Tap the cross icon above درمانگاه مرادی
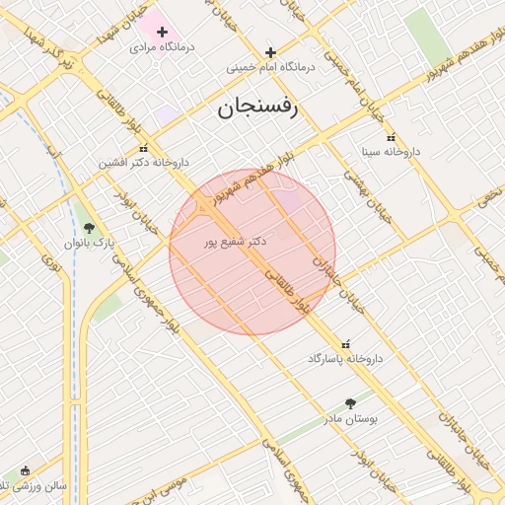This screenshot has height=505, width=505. pyautogui.click(x=162, y=32)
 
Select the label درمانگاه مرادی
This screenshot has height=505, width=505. pyautogui.click(x=162, y=46)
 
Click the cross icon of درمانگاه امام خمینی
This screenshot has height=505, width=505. pyautogui.click(x=270, y=52)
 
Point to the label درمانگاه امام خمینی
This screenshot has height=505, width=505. pyautogui.click(x=270, y=68)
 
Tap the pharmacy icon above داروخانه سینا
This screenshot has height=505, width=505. pyautogui.click(x=391, y=137)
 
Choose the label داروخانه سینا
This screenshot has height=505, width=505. pyautogui.click(x=391, y=152)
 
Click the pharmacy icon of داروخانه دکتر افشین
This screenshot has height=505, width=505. pyautogui.click(x=144, y=148)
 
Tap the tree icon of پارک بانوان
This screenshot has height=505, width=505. pyautogui.click(x=90, y=228)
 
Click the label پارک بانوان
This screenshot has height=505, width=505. pyautogui.click(x=90, y=243)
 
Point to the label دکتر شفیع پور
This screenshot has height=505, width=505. pyautogui.click(x=230, y=241)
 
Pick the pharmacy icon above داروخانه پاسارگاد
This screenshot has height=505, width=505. pyautogui.click(x=344, y=344)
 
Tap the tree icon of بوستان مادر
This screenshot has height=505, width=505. pyautogui.click(x=350, y=403)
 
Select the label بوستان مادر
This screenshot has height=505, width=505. pyautogui.click(x=350, y=418)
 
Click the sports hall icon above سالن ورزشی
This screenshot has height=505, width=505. pyautogui.click(x=25, y=470)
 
